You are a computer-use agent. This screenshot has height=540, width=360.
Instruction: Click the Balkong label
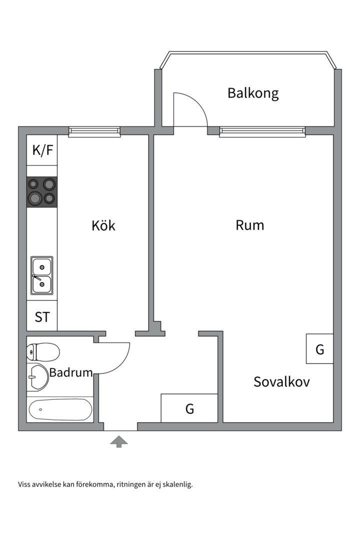click(x=252, y=93)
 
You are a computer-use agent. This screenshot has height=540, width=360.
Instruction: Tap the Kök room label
click(x=103, y=225)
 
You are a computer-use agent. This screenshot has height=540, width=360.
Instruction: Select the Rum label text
click(x=250, y=225)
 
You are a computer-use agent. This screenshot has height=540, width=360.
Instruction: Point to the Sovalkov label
click(x=281, y=382)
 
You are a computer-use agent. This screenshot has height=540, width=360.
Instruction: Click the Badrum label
click(x=71, y=372)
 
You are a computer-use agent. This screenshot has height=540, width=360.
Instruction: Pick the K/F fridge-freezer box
click(x=42, y=150)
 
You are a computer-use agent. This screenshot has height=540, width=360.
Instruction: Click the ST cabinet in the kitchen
click(x=42, y=316)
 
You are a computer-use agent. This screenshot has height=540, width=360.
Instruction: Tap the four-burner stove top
click(x=42, y=191)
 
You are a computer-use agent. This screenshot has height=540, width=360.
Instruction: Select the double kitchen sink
click(x=42, y=275)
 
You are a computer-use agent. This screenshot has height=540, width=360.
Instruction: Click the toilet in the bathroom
click(x=43, y=352)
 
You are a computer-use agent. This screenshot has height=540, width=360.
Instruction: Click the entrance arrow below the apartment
click(x=119, y=441)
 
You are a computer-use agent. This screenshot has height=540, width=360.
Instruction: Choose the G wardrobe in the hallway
click(x=189, y=408)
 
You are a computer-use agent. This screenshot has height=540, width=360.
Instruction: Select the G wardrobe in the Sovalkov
click(x=320, y=349)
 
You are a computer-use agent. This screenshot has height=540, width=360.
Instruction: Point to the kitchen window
click(x=94, y=131)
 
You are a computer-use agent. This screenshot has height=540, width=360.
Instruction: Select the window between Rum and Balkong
click(x=262, y=131)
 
